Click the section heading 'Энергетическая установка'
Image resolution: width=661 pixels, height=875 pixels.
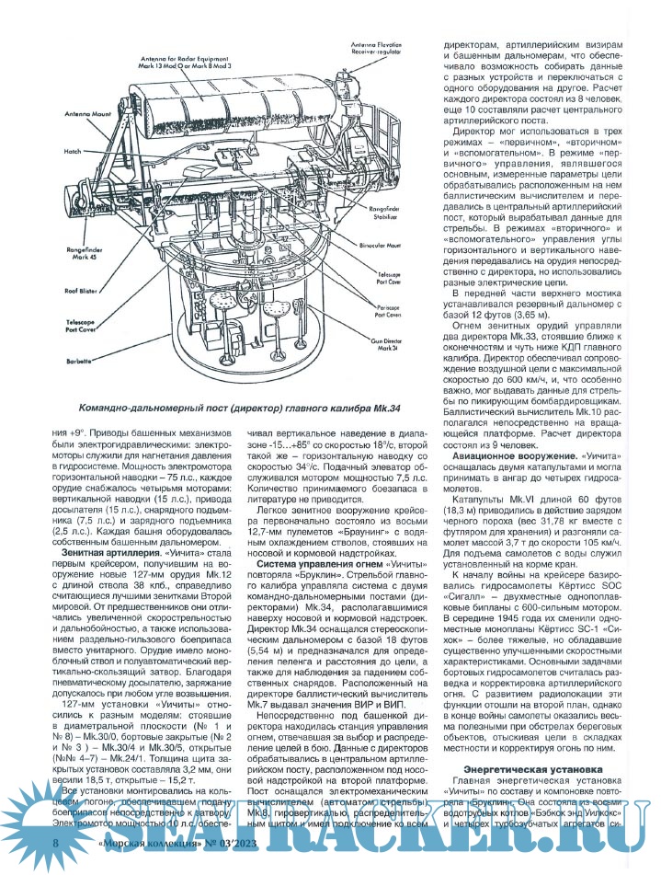coord(533,767)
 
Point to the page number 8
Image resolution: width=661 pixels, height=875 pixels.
coord(58,859)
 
